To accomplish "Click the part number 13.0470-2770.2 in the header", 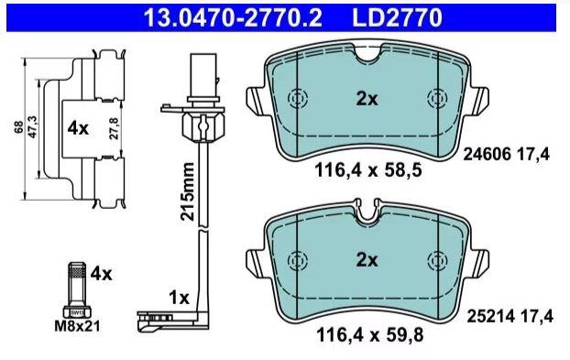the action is pos(233,17).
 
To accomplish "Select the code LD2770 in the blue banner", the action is pos(397,17).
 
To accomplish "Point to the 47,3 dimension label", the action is pos(32,127).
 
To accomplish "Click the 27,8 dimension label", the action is pos(115,128).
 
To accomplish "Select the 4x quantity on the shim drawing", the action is pos(78,128).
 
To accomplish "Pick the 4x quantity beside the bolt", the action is pos(101,274).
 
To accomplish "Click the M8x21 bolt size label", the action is pos(77,326).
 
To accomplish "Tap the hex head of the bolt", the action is pos(77,312).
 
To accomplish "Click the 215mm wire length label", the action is pos(188,191).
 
